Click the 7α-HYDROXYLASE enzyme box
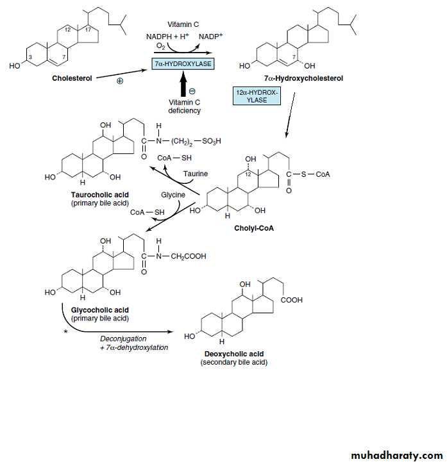(x=183, y=64)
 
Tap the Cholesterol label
(x=72, y=78)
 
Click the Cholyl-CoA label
(x=253, y=228)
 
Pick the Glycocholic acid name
(x=99, y=310)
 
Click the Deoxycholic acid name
(x=234, y=354)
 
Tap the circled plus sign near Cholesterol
(x=119, y=81)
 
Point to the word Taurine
(x=196, y=174)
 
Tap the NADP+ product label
(x=210, y=37)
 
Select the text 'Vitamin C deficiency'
(x=185, y=106)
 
